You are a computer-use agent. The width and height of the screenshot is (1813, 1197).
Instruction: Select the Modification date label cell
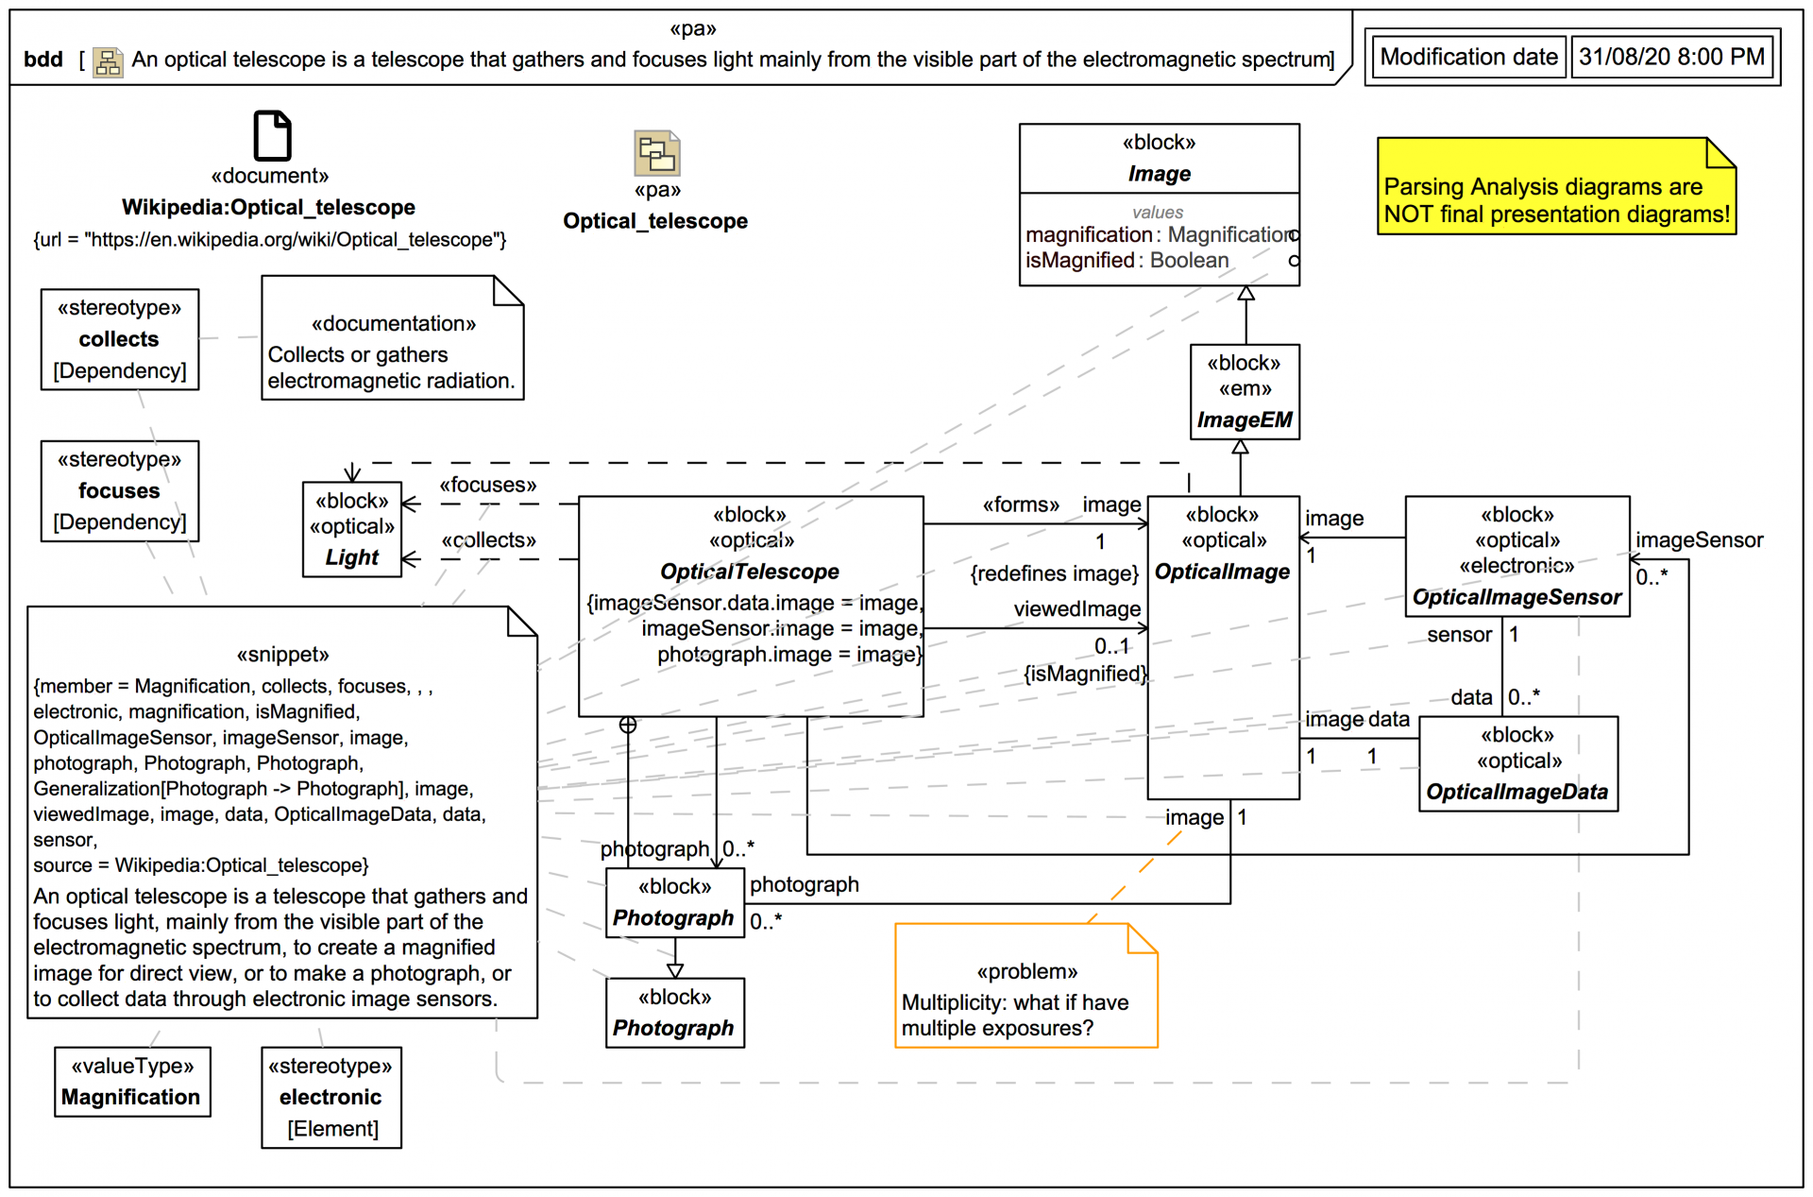(x=1468, y=58)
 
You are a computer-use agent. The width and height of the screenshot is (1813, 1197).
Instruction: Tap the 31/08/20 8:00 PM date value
(x=1671, y=58)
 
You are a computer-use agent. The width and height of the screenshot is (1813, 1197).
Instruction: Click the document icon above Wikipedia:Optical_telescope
(x=272, y=135)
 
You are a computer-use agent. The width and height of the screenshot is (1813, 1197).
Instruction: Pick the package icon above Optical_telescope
(x=656, y=153)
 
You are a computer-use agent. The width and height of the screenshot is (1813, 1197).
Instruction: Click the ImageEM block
(x=1245, y=391)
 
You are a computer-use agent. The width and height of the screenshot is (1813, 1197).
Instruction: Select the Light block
(x=352, y=529)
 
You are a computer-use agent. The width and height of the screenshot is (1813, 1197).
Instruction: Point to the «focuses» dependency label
(x=487, y=486)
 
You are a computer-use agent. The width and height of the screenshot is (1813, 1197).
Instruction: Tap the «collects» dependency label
(x=488, y=540)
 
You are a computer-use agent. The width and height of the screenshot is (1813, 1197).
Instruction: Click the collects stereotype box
(x=120, y=339)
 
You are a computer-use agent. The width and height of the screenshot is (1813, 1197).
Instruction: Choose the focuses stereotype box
(x=120, y=491)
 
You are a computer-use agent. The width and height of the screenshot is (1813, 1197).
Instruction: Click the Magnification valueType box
(x=132, y=1082)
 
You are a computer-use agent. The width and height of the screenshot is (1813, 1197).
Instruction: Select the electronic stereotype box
(x=331, y=1097)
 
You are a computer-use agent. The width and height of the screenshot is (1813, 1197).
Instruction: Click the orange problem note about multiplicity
(x=1025, y=986)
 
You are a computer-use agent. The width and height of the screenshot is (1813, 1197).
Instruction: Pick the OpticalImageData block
(x=1517, y=763)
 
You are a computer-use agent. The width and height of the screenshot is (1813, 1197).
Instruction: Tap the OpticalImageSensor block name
(x=1516, y=597)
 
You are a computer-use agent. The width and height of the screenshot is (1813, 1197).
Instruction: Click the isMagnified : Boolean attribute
(x=1127, y=261)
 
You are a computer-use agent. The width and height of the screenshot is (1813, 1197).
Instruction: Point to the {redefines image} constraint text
(x=1054, y=573)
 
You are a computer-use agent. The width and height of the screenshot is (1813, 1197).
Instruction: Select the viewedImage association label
(x=1076, y=609)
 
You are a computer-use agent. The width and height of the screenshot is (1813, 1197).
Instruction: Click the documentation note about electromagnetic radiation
(x=392, y=339)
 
